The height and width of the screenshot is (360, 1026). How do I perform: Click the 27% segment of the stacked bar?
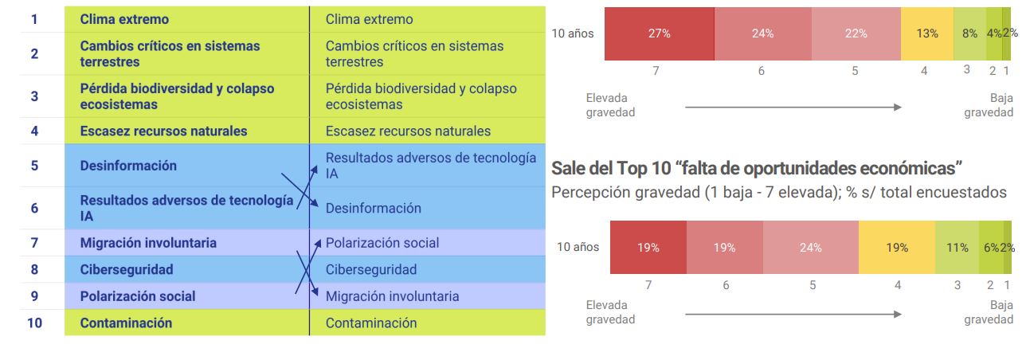[659, 34]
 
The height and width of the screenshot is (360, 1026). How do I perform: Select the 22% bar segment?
[855, 34]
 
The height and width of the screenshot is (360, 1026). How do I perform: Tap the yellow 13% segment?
[927, 34]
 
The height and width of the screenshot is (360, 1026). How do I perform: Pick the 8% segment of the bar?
[969, 34]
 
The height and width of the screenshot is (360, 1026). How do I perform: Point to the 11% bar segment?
[957, 248]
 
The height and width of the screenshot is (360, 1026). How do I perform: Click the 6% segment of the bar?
[990, 248]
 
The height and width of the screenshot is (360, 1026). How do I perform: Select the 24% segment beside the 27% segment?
[762, 34]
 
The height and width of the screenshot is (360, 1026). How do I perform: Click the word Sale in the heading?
[567, 169]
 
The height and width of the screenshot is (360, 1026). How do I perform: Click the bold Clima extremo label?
[124, 19]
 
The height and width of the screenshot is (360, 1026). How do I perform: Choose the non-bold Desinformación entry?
[373, 209]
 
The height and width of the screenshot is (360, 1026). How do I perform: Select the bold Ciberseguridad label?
[126, 269]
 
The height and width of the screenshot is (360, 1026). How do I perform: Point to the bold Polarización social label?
[137, 296]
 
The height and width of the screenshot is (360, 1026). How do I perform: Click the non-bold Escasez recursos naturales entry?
[408, 131]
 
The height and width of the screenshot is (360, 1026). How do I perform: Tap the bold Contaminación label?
[126, 323]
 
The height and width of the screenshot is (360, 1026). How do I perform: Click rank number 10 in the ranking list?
[34, 323]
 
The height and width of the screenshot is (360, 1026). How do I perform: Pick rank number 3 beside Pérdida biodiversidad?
[34, 96]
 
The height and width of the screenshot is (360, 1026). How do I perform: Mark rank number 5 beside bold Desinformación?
[34, 166]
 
